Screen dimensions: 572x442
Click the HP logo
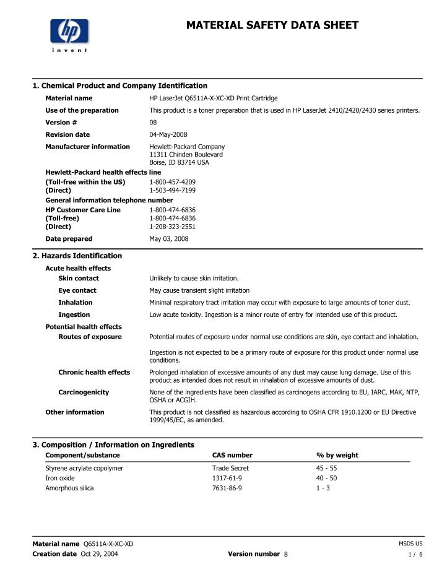[x=69, y=31]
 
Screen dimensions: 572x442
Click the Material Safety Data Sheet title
[x=272, y=25]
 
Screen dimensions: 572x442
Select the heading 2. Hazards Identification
[x=77, y=256]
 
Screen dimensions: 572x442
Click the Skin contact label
[x=79, y=279]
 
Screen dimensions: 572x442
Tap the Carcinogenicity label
[x=84, y=392]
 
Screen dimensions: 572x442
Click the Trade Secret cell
[x=230, y=468]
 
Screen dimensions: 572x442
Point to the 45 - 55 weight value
[x=326, y=468]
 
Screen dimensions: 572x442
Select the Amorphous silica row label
[x=69, y=488]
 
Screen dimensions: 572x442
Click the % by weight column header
[x=337, y=455]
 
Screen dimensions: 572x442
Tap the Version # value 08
[x=154, y=123]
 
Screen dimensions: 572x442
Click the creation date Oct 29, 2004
[x=100, y=553]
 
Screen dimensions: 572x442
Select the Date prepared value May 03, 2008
[x=169, y=239]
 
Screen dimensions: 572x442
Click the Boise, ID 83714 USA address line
[x=179, y=162]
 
